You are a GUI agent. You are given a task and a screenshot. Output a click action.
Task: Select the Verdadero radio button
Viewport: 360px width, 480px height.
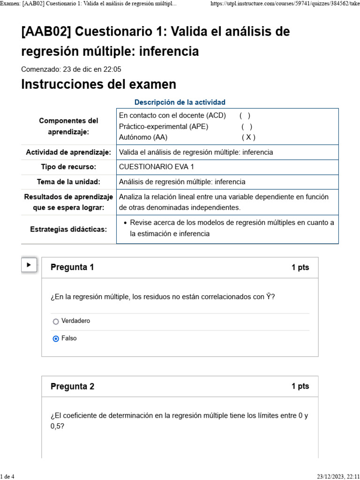(56, 322)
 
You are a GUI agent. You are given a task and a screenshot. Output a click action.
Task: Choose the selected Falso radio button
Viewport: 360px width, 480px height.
(56, 338)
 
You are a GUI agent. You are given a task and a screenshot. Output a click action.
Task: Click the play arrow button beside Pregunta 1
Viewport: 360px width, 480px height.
(29, 265)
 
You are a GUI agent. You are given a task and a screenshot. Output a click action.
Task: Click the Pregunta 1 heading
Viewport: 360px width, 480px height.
(72, 267)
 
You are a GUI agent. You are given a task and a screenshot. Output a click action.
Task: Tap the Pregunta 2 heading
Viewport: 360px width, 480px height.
(72, 386)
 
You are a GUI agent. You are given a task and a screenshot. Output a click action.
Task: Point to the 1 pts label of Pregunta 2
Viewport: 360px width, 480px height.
(300, 386)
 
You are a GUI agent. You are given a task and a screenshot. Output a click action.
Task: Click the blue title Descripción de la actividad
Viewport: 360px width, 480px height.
(180, 102)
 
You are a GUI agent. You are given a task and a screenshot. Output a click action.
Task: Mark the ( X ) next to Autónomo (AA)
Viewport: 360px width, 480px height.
(248, 137)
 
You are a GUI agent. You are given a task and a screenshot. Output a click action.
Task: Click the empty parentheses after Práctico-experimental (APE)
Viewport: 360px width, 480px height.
(247, 127)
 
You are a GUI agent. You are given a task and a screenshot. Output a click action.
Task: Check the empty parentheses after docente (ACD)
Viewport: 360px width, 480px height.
(245, 115)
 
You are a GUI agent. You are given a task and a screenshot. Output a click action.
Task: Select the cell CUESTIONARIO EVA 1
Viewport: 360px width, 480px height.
(157, 167)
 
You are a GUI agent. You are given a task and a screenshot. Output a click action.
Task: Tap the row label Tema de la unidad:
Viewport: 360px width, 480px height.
(68, 182)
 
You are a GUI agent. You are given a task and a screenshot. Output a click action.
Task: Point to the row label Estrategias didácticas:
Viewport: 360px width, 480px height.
(68, 229)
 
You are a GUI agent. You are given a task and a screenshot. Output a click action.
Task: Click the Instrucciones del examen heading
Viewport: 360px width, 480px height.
(99, 84)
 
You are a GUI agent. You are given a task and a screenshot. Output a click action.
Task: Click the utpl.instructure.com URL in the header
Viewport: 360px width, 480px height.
(285, 4)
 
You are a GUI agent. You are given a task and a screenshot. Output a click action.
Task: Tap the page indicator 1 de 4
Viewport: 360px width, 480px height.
(7, 477)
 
